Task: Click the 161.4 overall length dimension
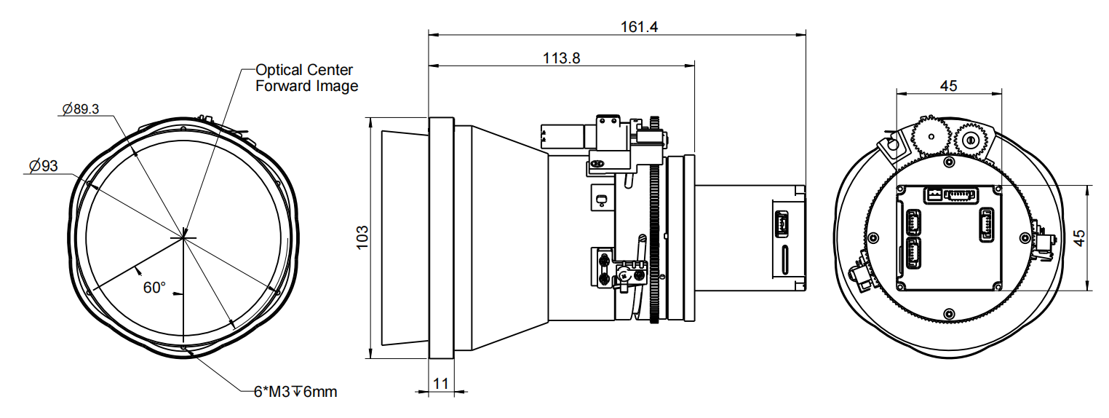pyautogui.click(x=639, y=27)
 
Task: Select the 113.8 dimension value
pyautogui.click(x=561, y=59)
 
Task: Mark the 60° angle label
pyautogui.click(x=155, y=288)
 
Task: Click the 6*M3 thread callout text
pyautogui.click(x=295, y=392)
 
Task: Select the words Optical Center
pyautogui.click(x=304, y=70)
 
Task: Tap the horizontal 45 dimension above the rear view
pyautogui.click(x=948, y=86)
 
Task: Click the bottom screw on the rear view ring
pyautogui.click(x=947, y=313)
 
